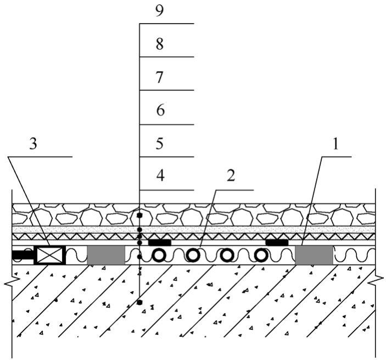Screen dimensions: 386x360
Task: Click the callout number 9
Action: (160, 12)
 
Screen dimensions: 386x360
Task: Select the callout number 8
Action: (160, 45)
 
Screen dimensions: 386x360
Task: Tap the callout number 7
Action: (160, 77)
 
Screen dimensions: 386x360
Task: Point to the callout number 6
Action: (160, 110)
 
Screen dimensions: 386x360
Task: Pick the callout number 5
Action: (160, 143)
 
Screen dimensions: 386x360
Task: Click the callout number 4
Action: (160, 176)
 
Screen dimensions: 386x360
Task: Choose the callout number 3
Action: (33, 143)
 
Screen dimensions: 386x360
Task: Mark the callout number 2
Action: (231, 176)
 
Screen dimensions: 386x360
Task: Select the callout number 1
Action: (335, 145)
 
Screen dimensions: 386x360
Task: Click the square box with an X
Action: (50, 255)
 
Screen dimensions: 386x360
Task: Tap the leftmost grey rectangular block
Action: (106, 255)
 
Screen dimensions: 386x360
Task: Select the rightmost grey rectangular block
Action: (314, 255)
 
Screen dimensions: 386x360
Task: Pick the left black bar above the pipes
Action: (160, 243)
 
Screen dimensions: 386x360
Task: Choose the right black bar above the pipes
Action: (277, 243)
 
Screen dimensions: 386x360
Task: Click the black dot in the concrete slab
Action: (139, 302)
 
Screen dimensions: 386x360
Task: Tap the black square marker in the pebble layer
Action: (139, 215)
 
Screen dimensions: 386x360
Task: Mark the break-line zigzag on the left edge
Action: (12, 281)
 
